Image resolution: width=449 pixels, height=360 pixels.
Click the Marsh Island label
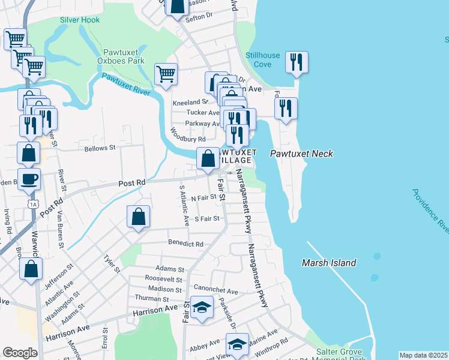pyautogui.click(x=329, y=263)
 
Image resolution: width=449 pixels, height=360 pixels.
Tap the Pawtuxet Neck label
pyautogui.click(x=301, y=154)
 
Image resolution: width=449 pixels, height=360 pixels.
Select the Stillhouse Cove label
pyautogui.click(x=262, y=60)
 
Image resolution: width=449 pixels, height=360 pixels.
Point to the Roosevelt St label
pyautogui.click(x=164, y=279)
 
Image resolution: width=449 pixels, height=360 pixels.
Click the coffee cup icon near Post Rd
pyautogui.click(x=29, y=178)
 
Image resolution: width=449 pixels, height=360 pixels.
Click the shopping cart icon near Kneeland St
pyautogui.click(x=166, y=74)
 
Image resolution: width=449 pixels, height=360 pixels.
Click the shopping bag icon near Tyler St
pyautogui.click(x=138, y=216)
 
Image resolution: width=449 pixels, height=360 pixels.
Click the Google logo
pyautogui.click(x=20, y=353)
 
